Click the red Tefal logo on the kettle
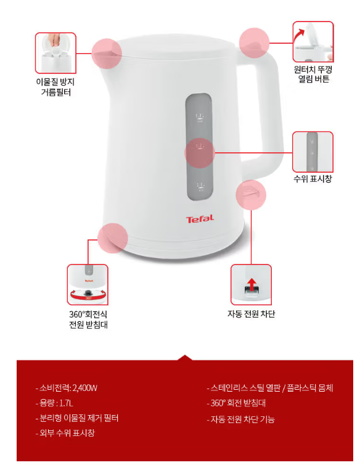(x=200, y=219)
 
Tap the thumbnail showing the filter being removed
(x=55, y=53)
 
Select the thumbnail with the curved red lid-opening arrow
(x=313, y=41)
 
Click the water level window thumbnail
(x=313, y=152)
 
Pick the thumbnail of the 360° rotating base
(x=88, y=285)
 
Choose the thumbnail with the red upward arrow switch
(x=251, y=285)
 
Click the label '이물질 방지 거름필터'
(x=55, y=87)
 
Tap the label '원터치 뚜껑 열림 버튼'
(x=313, y=74)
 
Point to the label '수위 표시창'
(x=313, y=178)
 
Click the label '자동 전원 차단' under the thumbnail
(x=251, y=313)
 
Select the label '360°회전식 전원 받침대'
(x=88, y=319)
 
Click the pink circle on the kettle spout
(x=107, y=54)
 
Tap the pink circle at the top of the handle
(x=254, y=43)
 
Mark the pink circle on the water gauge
(x=200, y=153)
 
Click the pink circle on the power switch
(x=251, y=195)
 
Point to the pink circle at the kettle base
(x=113, y=238)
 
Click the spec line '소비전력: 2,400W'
(x=67, y=388)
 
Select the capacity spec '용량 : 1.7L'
(x=54, y=403)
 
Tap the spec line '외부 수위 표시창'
(x=65, y=433)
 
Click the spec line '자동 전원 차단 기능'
(x=241, y=419)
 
